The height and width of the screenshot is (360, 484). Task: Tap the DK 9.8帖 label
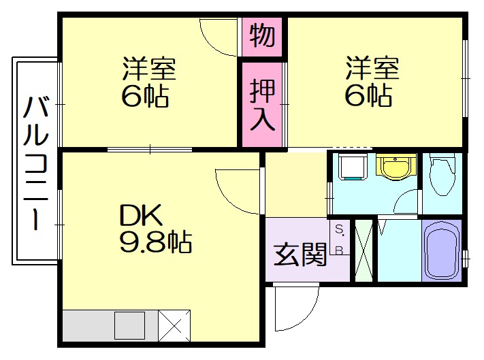pyautogui.click(x=155, y=229)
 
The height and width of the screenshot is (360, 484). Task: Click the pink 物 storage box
pyautogui.click(x=262, y=35)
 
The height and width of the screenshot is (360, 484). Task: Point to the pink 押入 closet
pyautogui.click(x=262, y=103)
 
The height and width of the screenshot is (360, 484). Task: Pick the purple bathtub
pyautogui.click(x=441, y=250)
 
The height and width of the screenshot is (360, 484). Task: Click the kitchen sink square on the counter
pyautogui.click(x=129, y=325)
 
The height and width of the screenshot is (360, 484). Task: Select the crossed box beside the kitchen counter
pyautogui.click(x=174, y=325)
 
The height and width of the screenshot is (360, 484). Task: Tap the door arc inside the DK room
pyautogui.click(x=235, y=191)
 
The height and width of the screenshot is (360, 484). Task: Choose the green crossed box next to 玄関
pyautogui.click(x=364, y=250)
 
